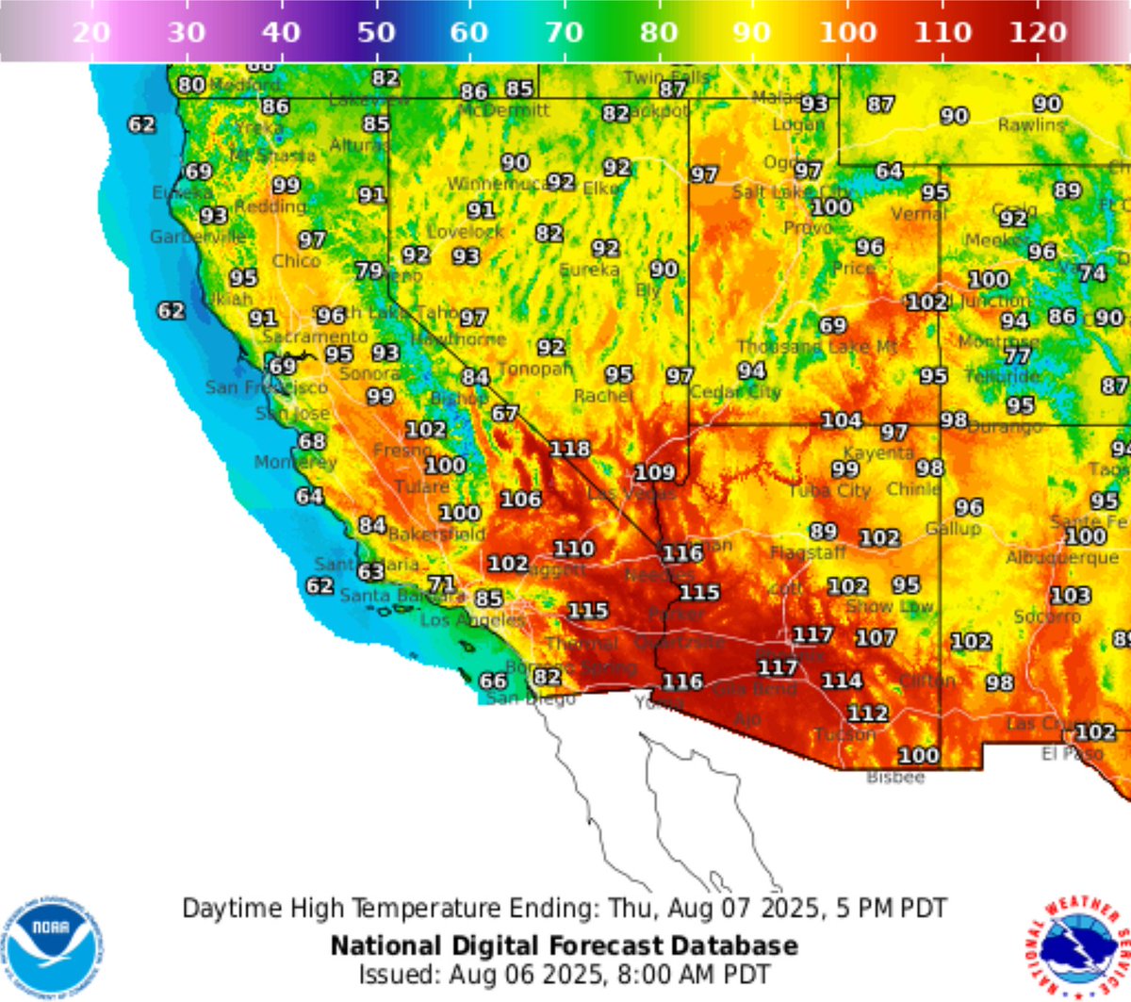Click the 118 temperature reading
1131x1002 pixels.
pos(569,450)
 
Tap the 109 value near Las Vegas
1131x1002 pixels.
pos(654,472)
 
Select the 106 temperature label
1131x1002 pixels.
pos(520,499)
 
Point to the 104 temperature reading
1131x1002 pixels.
pos(841,420)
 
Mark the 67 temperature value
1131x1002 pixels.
pos(504,414)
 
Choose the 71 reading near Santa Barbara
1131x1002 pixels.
pos(441,584)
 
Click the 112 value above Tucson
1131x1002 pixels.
pos(867,714)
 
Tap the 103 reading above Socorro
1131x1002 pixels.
pos(1070,596)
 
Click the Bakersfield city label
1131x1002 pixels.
pos(436,534)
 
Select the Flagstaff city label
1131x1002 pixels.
pos(808,553)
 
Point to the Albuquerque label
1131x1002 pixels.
pos(1062,558)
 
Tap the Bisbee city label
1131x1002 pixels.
pos(895,778)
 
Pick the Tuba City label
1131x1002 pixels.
pos(829,491)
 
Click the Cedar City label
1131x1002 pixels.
pos(735,392)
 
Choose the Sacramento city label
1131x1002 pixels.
pos(316,337)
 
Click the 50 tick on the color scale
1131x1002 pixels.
pos(376,33)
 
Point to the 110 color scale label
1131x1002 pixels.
pos(942,33)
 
